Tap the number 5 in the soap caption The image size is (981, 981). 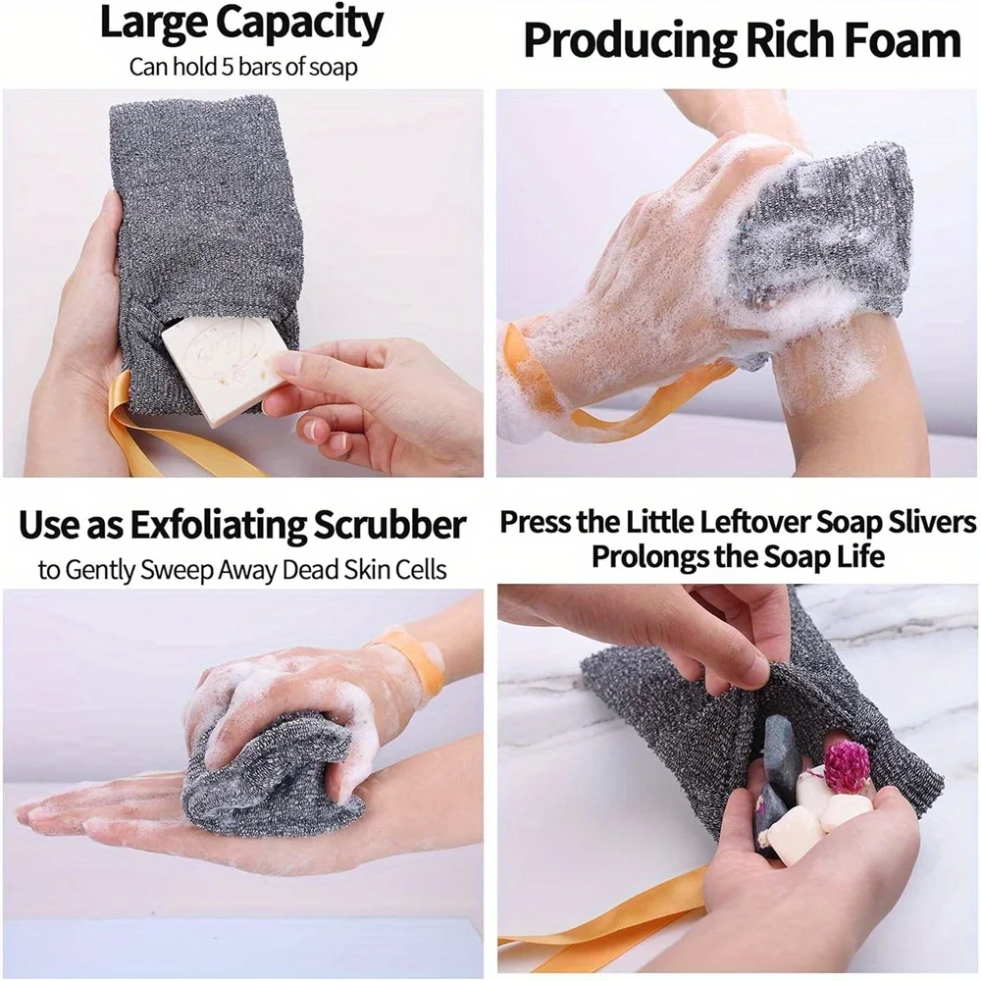[208, 68]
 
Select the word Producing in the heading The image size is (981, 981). [628, 41]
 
